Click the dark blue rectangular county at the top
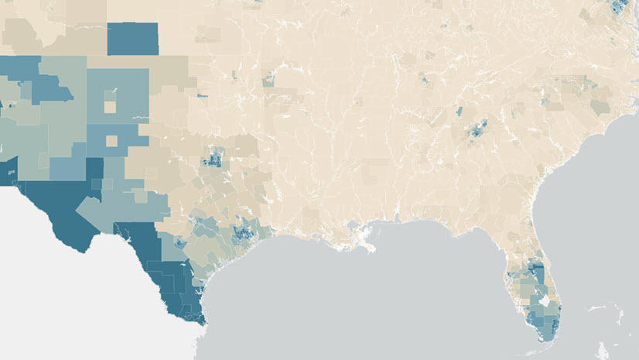click(132, 38)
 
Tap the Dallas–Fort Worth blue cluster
click(211, 160)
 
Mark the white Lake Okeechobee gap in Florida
click(544, 300)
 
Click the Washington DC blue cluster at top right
click(617, 8)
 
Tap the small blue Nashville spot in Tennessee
click(425, 79)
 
